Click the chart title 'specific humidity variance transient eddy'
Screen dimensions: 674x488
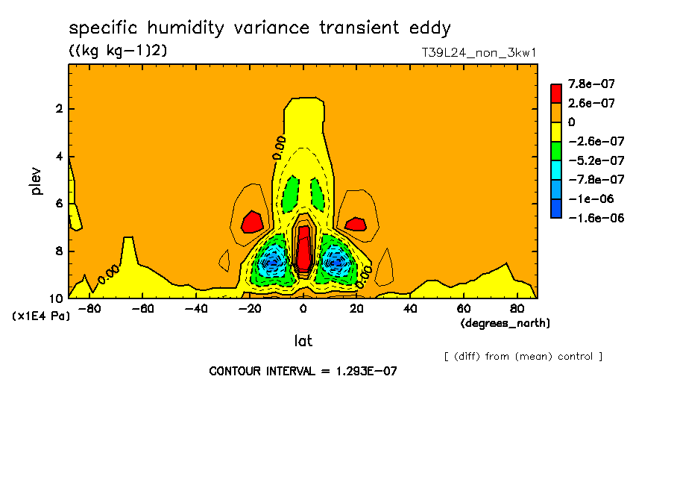[259, 28]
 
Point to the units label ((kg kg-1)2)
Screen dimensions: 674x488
[118, 50]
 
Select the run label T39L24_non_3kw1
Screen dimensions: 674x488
[479, 53]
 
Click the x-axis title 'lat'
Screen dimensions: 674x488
[303, 341]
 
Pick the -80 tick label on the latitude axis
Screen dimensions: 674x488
[89, 309]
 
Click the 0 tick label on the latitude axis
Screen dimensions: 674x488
[303, 309]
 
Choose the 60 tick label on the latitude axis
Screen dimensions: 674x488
[464, 309]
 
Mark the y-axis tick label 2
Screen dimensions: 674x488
[59, 109]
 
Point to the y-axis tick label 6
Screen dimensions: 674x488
[59, 204]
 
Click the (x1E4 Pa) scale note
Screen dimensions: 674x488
[41, 316]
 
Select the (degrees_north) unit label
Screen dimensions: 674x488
[505, 323]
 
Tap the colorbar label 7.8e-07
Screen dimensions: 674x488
[591, 84]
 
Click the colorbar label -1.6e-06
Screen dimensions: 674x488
[596, 218]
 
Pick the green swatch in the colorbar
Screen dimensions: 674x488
[556, 151]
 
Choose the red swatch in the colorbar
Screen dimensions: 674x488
[556, 93]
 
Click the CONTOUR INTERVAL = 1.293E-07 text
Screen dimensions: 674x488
[303, 372]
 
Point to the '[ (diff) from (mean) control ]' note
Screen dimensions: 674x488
[523, 357]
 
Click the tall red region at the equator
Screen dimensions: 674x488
[304, 248]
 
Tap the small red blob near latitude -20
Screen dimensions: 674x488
[252, 222]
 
